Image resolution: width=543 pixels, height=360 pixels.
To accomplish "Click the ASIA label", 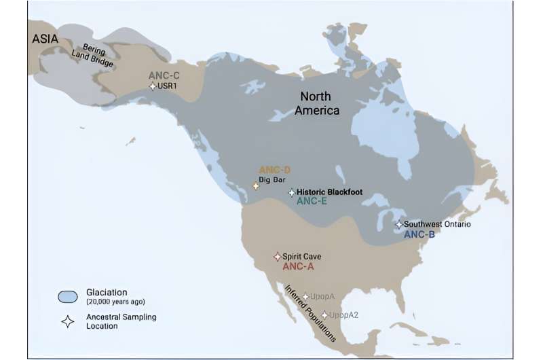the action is point(45,39).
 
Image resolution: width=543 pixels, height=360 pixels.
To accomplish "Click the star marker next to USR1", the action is point(153,86).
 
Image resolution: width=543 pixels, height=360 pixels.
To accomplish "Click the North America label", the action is point(316,103).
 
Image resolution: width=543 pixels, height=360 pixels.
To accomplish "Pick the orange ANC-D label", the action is point(274,169).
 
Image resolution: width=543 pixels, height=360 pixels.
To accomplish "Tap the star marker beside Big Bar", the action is point(256,185).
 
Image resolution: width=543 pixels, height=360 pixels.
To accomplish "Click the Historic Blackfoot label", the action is point(330,192).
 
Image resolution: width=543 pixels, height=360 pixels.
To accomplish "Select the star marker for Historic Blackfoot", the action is point(292,193).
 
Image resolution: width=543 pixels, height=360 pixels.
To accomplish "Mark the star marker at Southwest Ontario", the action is point(399,224).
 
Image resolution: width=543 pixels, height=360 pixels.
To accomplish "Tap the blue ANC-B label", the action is point(419,234).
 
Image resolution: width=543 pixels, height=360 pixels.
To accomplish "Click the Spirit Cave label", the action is point(301,256).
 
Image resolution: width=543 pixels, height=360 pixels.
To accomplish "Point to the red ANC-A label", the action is point(298,267).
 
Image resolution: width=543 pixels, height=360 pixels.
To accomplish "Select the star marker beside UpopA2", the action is point(324,314).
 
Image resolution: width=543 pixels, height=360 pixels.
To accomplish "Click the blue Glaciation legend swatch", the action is point(68,296).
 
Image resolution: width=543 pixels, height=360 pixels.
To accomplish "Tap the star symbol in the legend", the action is point(68,321).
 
